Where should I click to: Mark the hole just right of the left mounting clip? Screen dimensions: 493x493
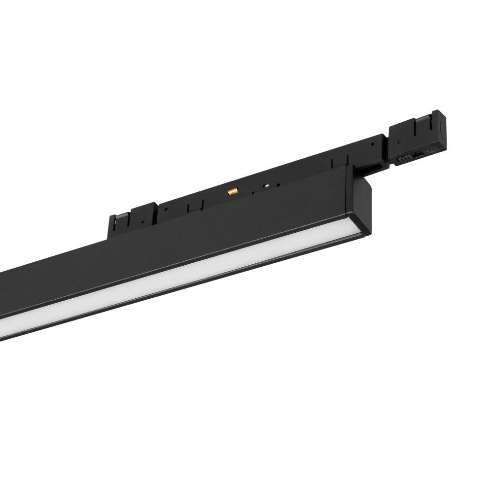point(166,208)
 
